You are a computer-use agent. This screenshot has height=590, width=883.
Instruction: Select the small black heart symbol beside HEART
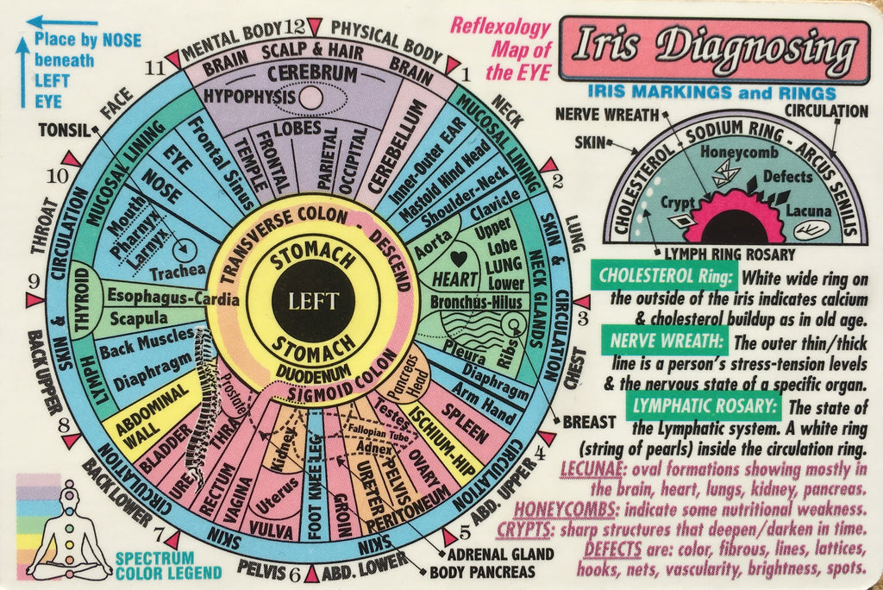(x=460, y=257)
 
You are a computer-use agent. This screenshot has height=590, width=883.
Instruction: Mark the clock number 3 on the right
(x=582, y=317)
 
